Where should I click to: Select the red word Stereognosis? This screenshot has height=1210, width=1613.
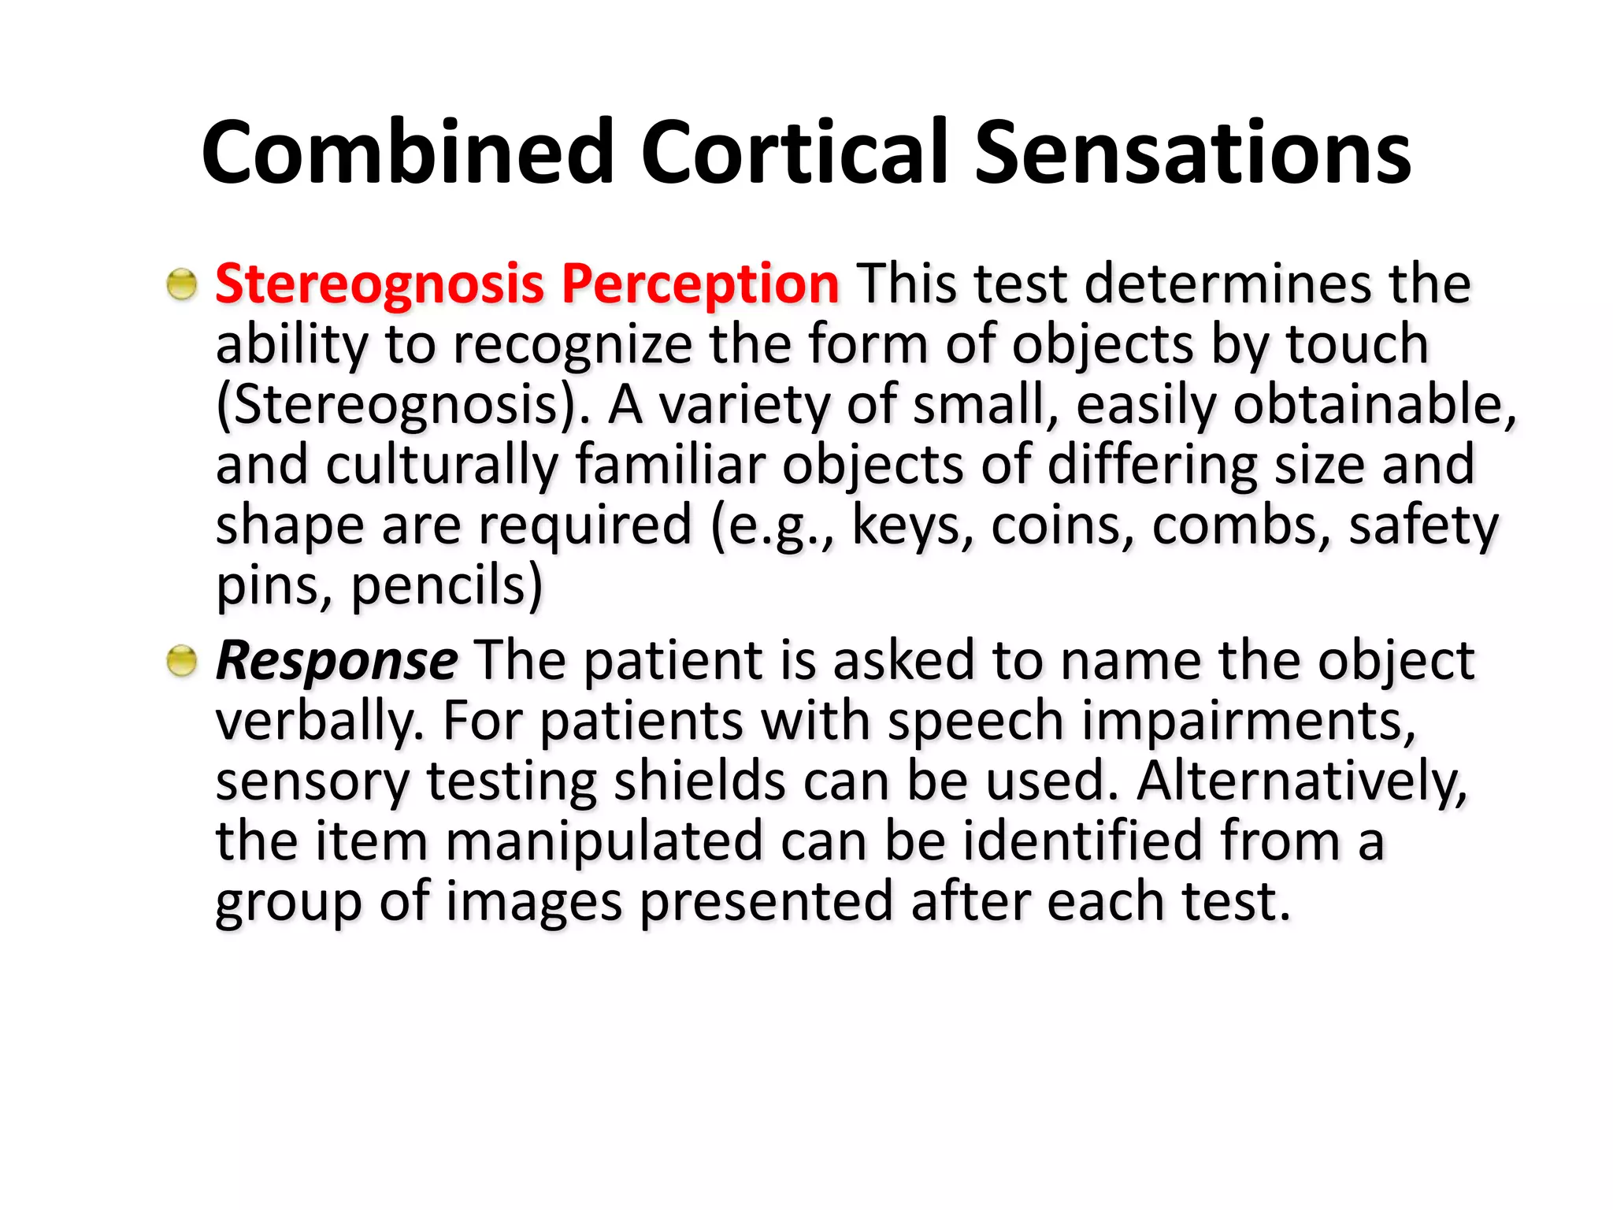(x=380, y=284)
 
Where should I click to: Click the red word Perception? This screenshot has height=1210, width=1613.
(x=700, y=284)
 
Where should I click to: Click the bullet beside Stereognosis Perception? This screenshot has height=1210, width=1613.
(x=182, y=284)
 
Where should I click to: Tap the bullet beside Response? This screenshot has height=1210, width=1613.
(x=182, y=660)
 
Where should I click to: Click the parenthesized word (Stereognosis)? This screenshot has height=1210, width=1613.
(x=402, y=406)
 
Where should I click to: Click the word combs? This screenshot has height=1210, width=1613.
(x=1240, y=526)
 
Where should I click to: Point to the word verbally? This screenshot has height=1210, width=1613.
(x=320, y=721)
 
